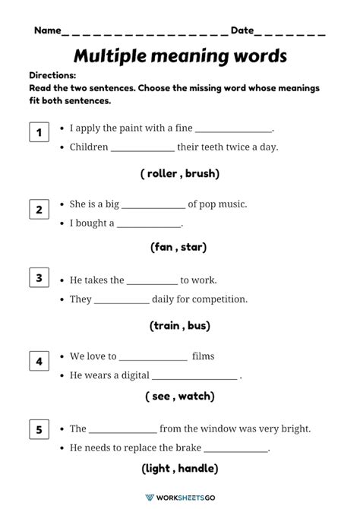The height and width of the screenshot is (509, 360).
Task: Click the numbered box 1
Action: [x=39, y=134]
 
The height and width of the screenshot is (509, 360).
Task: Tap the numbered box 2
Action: [x=39, y=209]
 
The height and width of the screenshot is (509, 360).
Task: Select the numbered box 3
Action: [x=39, y=278]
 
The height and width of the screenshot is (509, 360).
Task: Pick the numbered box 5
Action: [x=39, y=431]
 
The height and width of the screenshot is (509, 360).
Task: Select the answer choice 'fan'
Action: [x=164, y=247]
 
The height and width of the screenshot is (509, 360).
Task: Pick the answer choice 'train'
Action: [x=165, y=325]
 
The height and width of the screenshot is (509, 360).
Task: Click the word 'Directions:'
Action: [x=52, y=76]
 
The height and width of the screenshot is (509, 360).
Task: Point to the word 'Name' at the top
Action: [x=47, y=30]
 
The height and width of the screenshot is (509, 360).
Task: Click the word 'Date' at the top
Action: [x=242, y=30]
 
